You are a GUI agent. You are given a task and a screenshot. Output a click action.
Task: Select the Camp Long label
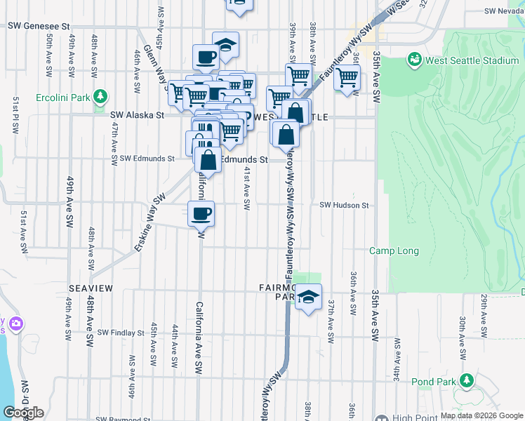(x=394, y=251)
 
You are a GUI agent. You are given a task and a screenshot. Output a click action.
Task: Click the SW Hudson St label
(x=344, y=205)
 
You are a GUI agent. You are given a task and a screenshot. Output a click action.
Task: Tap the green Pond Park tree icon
(x=466, y=381)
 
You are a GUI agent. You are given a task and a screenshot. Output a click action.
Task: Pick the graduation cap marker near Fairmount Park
(x=308, y=297)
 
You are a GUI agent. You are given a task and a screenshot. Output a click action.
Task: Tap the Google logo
(x=23, y=413)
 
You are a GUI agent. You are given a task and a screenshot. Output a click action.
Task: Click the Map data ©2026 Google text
(x=481, y=415)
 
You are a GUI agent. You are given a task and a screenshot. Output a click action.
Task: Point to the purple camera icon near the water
(x=15, y=324)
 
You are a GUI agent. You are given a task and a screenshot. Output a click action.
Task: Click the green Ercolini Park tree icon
(x=101, y=95)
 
